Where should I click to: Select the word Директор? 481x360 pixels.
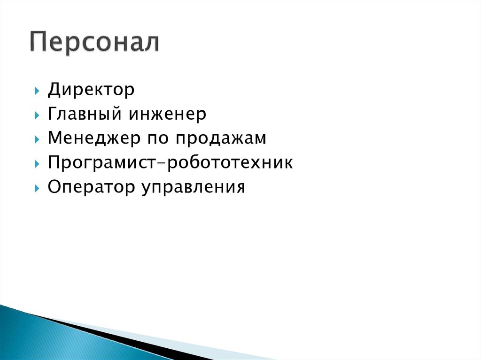click(91, 90)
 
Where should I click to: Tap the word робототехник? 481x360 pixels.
click(230, 163)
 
